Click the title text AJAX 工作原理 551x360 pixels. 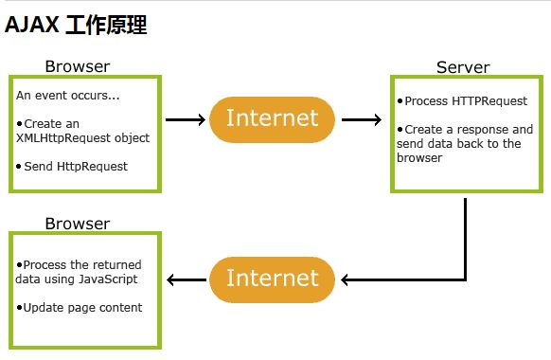click(76, 26)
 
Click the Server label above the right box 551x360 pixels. click(463, 67)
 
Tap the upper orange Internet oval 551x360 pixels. click(273, 118)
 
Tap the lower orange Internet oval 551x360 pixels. click(273, 279)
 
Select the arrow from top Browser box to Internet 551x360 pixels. click(186, 119)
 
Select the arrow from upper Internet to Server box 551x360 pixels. click(362, 119)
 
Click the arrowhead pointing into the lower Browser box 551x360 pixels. click(171, 279)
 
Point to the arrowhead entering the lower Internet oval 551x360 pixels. click(345, 279)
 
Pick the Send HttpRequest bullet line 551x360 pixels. click(72, 166)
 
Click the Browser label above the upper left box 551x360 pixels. click(78, 66)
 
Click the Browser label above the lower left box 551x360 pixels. click(78, 224)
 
